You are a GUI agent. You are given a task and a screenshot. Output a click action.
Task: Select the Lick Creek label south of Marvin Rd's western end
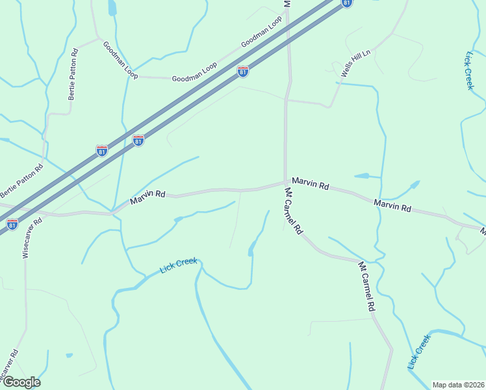coord(178,266)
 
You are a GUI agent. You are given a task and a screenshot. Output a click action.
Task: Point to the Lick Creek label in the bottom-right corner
coord(419,352)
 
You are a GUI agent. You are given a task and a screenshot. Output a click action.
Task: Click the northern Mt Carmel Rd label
coord(294,211)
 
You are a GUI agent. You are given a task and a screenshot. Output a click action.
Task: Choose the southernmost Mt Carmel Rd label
coord(368,285)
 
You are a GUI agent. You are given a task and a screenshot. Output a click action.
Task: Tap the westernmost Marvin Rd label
coord(148,197)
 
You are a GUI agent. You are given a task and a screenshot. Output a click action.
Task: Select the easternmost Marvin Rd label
coord(392,206)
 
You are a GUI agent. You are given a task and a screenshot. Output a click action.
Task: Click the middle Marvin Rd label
coord(310,183)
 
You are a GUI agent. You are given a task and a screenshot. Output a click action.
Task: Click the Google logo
coord(21,382)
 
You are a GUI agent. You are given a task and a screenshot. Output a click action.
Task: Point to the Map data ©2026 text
coord(457,385)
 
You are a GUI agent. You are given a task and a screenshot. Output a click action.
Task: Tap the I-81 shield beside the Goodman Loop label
coord(243,71)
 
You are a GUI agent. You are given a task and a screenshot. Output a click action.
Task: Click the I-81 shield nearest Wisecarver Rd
coord(12,225)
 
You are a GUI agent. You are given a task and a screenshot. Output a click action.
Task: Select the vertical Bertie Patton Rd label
coord(73,73)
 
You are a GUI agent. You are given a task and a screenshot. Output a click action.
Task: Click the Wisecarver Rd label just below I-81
coord(32,238)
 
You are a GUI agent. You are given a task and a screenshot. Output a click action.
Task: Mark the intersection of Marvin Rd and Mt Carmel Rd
coord(285,182)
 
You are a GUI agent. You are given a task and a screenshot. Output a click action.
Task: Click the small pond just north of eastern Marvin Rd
coord(363,175)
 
